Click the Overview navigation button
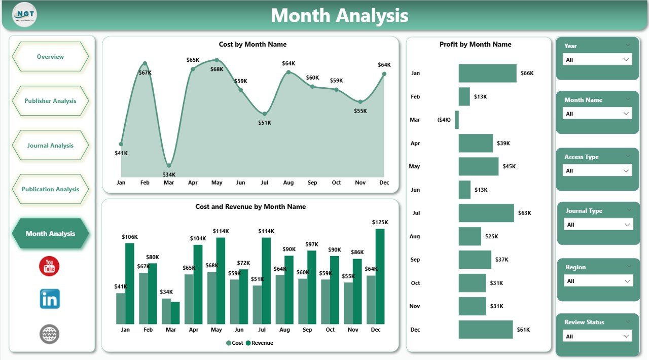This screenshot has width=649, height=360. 50,57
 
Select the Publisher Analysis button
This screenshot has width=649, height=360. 50,101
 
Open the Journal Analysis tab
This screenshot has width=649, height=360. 50,146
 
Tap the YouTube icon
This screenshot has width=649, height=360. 49,266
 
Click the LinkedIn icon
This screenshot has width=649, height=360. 50,299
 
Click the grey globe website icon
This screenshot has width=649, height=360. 49,334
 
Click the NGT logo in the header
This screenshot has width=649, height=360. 25,15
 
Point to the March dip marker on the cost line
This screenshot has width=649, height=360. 169,165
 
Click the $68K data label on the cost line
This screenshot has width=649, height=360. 217,69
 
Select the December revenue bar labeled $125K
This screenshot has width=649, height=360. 380,276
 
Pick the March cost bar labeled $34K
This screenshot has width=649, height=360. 166,311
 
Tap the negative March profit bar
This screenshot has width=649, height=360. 457,120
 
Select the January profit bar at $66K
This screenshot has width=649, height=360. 487,73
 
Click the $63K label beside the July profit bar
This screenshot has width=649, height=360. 524,213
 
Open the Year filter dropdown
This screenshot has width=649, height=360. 597,60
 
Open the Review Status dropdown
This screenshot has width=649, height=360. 597,336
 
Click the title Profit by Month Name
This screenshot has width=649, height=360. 475,44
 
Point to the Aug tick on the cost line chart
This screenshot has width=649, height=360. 289,183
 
